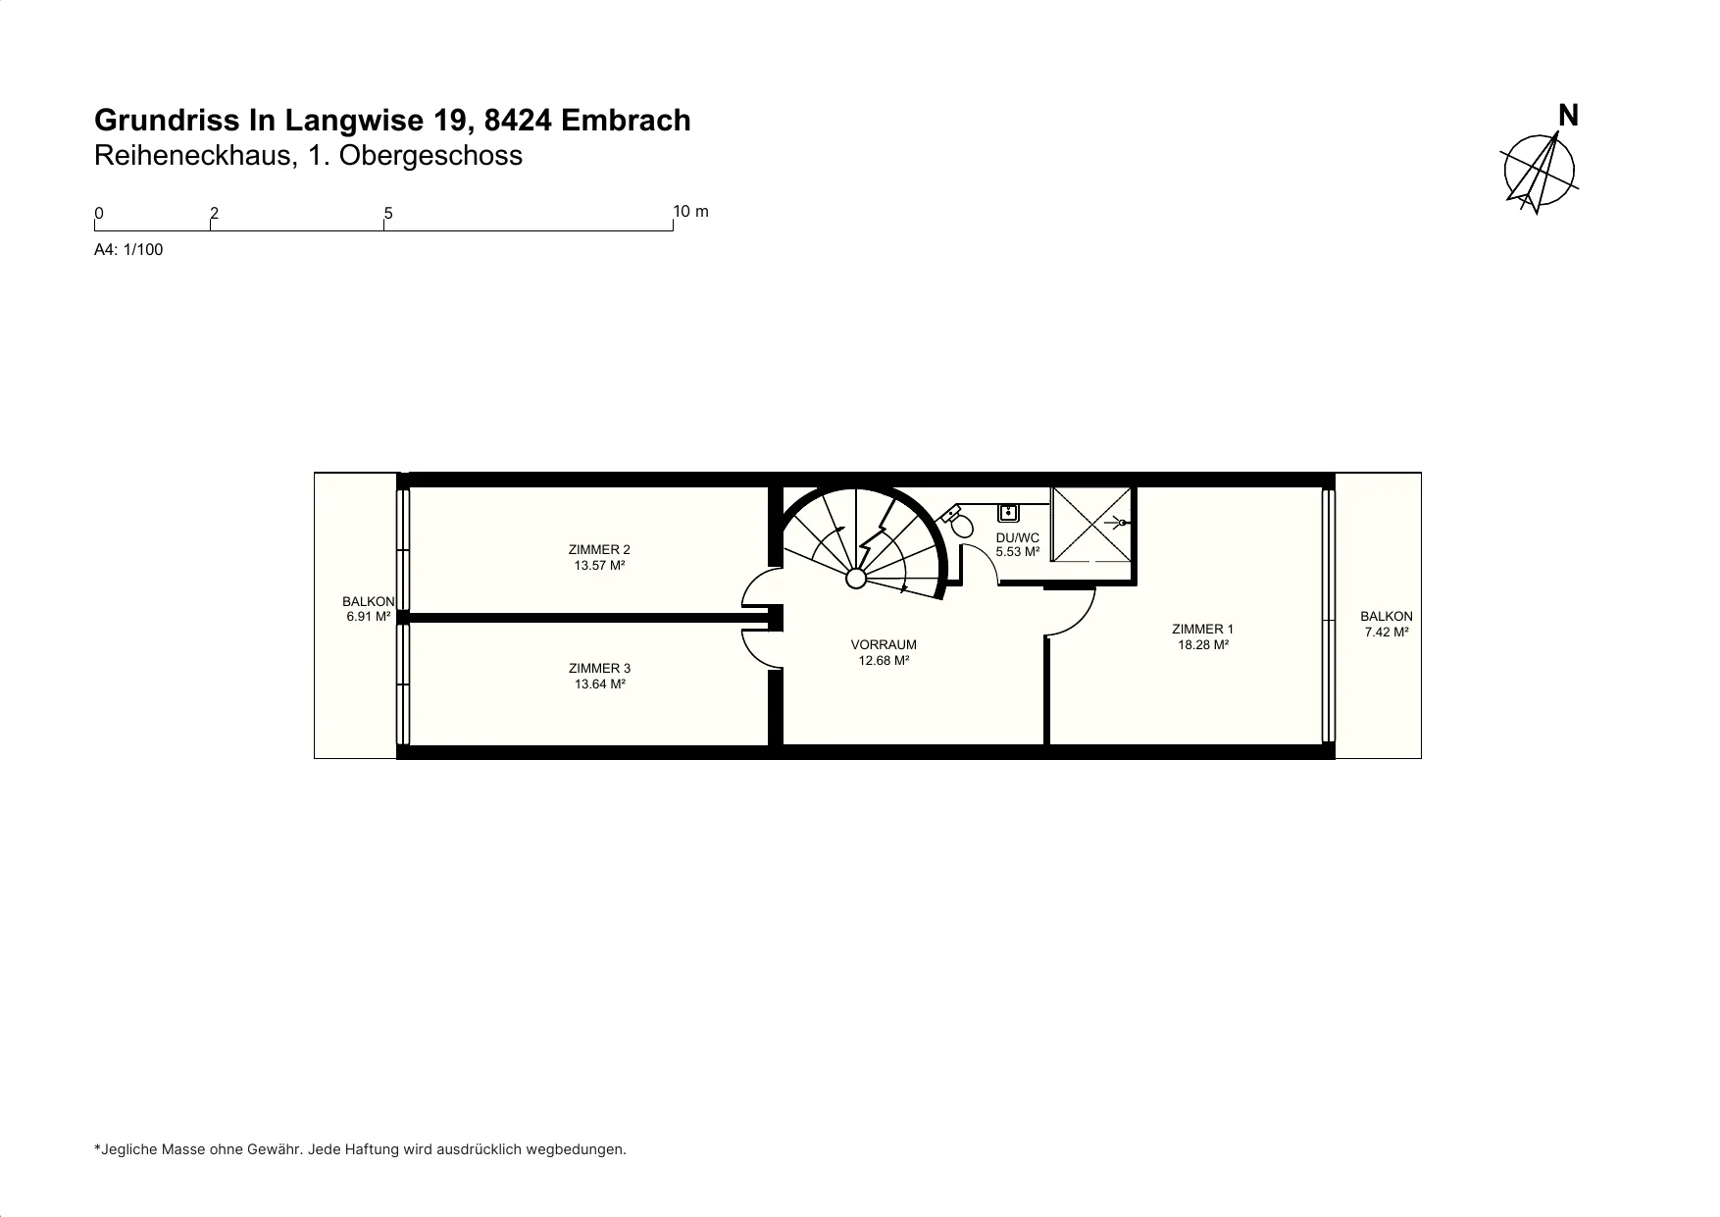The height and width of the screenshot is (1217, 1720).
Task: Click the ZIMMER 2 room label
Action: tap(599, 549)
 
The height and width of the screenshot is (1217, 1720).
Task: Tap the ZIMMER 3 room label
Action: tap(599, 669)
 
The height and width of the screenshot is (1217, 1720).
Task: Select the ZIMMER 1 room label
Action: tap(1203, 629)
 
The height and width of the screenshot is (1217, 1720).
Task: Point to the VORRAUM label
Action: tap(884, 644)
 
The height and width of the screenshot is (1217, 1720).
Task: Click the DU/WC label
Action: tap(1017, 537)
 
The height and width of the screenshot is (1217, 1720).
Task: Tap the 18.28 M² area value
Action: tap(1203, 645)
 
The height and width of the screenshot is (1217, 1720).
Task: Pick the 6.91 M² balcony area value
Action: tap(369, 617)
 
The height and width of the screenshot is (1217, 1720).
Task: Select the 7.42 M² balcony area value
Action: tap(1387, 633)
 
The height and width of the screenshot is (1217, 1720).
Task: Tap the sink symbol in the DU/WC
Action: tap(1008, 511)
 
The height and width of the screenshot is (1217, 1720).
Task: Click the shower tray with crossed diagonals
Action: tap(1091, 525)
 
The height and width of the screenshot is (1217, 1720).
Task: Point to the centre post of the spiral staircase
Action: tap(856, 579)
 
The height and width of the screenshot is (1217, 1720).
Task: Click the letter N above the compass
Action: tap(1568, 116)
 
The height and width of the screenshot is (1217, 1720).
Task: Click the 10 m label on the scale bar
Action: tap(691, 211)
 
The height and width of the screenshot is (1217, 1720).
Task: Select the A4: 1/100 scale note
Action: tap(128, 249)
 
